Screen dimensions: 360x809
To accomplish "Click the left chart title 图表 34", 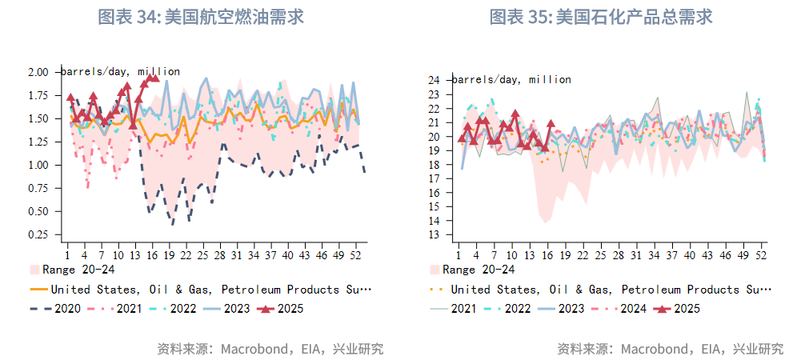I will coord(200,17).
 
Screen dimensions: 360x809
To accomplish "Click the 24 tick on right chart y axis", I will coord(434,80).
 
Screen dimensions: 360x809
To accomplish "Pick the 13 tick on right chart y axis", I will coord(434,235).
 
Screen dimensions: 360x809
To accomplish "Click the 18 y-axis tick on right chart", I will coord(434,165).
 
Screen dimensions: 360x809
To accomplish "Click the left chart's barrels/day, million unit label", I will coord(121,72).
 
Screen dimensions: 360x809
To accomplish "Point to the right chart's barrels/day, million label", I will coord(512,80).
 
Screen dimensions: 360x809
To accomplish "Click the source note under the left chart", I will coord(270,349).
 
